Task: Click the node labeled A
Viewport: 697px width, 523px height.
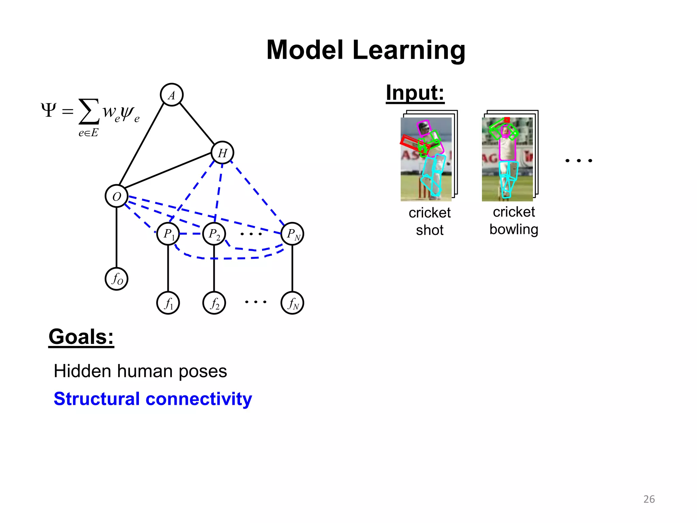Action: click(x=172, y=95)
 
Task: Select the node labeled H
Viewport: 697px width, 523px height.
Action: click(x=222, y=153)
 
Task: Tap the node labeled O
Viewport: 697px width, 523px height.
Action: click(x=116, y=196)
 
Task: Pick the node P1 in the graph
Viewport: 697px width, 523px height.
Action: click(x=168, y=234)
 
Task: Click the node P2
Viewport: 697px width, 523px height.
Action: click(x=214, y=234)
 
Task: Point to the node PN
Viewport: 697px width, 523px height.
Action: click(x=292, y=234)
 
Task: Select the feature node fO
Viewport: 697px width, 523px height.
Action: click(x=116, y=279)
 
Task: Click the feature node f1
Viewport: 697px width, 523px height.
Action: click(x=168, y=303)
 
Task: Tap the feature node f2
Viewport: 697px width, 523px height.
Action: click(x=214, y=303)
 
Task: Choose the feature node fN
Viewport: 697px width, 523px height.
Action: click(x=292, y=303)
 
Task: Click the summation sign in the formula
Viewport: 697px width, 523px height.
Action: click(x=89, y=111)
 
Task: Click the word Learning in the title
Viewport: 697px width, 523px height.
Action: click(x=408, y=50)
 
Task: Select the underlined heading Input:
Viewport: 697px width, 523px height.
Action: click(x=415, y=93)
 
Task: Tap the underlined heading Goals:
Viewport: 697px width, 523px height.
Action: click(x=81, y=337)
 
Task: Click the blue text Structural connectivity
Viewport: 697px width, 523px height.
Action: click(x=153, y=399)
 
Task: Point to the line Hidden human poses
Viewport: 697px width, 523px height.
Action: click(x=140, y=371)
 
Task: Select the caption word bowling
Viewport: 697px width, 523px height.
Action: click(x=514, y=229)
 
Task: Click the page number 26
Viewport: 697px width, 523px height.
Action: click(x=649, y=499)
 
